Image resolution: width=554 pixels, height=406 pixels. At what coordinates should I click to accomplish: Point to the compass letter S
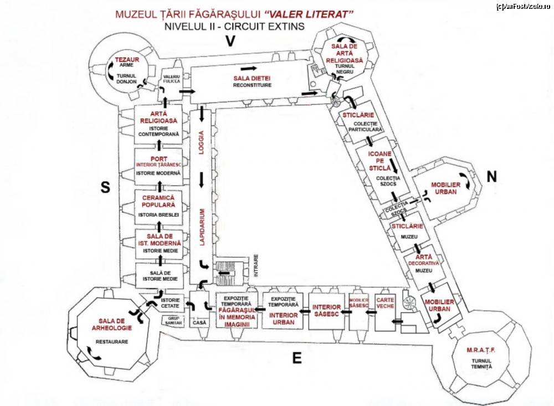[104, 188]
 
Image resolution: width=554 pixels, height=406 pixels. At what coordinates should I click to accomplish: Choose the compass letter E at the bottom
[297, 358]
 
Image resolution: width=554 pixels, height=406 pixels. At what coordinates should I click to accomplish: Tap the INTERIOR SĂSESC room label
[326, 311]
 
